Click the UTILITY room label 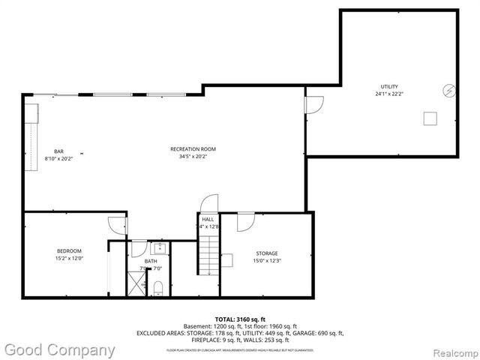(388, 87)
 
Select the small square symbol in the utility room (430, 118)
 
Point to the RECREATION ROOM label (193, 149)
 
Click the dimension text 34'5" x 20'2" (193, 157)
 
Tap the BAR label (58, 151)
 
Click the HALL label (208, 219)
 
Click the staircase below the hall (208, 256)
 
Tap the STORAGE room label (266, 253)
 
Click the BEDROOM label (69, 250)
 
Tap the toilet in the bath (158, 289)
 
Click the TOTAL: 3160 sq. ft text (240, 319)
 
